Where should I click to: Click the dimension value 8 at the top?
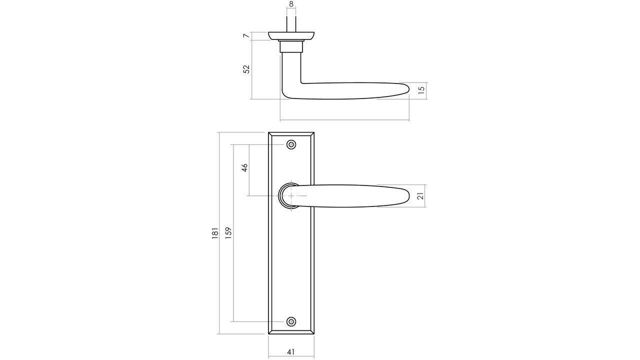pyautogui.click(x=291, y=4)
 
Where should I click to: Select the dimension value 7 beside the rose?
pyautogui.click(x=245, y=36)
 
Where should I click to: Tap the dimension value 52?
pyautogui.click(x=246, y=69)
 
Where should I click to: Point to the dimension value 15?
pyautogui.click(x=421, y=90)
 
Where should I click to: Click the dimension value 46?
pyautogui.click(x=244, y=167)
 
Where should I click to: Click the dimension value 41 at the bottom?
pyautogui.click(x=291, y=352)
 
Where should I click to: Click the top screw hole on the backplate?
pyautogui.click(x=291, y=145)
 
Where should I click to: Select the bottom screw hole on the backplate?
pyautogui.click(x=291, y=321)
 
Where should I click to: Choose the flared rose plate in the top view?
pyautogui.click(x=291, y=35)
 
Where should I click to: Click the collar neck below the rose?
pyautogui.click(x=291, y=46)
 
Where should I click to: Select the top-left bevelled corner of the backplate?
pyautogui.click(x=270, y=134)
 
